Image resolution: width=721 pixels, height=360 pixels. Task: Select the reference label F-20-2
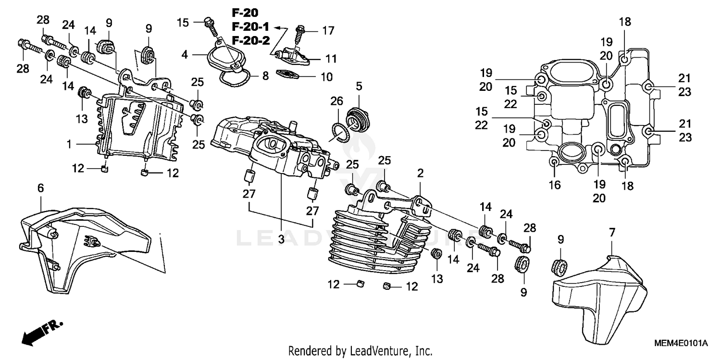pyautogui.click(x=251, y=40)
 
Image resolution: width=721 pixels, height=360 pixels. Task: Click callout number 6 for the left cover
pyautogui.click(x=40, y=189)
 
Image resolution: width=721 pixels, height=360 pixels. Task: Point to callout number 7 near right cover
pyautogui.click(x=612, y=233)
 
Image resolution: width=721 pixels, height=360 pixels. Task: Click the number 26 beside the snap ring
pyautogui.click(x=337, y=101)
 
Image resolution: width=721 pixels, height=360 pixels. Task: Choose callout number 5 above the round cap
pyautogui.click(x=359, y=87)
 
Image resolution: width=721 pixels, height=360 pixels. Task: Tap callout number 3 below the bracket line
pyautogui.click(x=281, y=238)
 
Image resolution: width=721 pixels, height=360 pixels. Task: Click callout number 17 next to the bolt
pyautogui.click(x=328, y=31)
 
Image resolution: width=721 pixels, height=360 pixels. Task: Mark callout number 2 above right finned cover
pyautogui.click(x=420, y=174)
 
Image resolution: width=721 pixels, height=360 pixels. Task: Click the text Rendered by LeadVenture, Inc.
pyautogui.click(x=360, y=350)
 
